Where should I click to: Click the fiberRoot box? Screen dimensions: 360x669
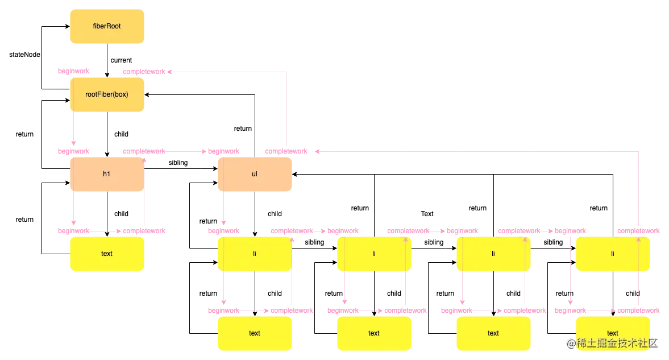(x=107, y=27)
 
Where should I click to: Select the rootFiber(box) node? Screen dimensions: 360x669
(x=107, y=95)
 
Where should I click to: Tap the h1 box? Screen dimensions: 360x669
(x=107, y=174)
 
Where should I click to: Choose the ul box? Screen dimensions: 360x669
(x=255, y=174)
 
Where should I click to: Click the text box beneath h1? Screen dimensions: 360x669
(x=107, y=254)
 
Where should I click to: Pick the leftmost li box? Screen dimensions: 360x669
(x=255, y=254)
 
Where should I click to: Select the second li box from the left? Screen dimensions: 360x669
(x=374, y=254)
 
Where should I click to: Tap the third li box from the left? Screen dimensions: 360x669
(x=493, y=254)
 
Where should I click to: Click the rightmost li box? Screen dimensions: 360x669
(x=613, y=254)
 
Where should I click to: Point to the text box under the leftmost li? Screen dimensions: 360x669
(x=255, y=333)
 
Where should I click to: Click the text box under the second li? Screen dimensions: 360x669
(x=374, y=333)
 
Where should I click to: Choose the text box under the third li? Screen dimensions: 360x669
(x=493, y=333)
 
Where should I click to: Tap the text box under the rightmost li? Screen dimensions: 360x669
(x=613, y=333)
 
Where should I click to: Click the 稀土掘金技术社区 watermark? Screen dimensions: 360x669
(x=612, y=343)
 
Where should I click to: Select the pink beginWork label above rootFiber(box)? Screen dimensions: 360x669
(x=74, y=72)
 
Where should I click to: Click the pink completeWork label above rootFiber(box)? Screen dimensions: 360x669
(x=145, y=72)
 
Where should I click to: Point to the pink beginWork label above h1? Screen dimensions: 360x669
(x=74, y=151)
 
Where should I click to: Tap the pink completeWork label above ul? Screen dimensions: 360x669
(x=287, y=151)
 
